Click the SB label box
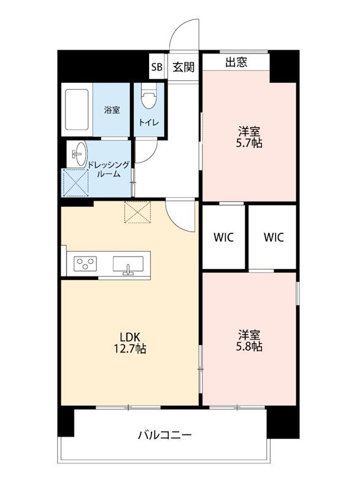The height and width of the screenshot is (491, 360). pyautogui.click(x=157, y=67)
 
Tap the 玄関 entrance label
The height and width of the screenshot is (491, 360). pyautogui.click(x=183, y=67)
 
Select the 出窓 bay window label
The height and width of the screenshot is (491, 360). pyautogui.click(x=236, y=62)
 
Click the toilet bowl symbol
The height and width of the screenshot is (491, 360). pyautogui.click(x=149, y=96)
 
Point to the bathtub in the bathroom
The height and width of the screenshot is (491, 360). pyautogui.click(x=77, y=110)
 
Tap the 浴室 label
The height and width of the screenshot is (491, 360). pyautogui.click(x=112, y=110)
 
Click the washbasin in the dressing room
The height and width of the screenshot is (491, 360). pyautogui.click(x=80, y=154)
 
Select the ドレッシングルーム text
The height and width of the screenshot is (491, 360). pyautogui.click(x=108, y=169)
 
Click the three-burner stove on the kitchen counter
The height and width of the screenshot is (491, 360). pyautogui.click(x=85, y=264)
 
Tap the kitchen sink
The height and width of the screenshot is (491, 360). pyautogui.click(x=128, y=266)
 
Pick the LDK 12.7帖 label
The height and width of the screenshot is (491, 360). pyautogui.click(x=129, y=343)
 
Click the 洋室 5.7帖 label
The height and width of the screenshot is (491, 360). pyautogui.click(x=249, y=137)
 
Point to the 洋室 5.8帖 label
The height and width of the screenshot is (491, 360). pyautogui.click(x=249, y=341)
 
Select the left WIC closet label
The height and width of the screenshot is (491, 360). pyautogui.click(x=224, y=238)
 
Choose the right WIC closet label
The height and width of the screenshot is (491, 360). pyautogui.click(x=274, y=238)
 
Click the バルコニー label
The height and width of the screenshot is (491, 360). pyautogui.click(x=165, y=435)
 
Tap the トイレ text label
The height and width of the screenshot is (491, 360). pyautogui.click(x=149, y=122)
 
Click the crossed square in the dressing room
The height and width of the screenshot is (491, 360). pyautogui.click(x=76, y=182)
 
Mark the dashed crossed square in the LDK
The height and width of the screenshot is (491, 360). pyautogui.click(x=137, y=212)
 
